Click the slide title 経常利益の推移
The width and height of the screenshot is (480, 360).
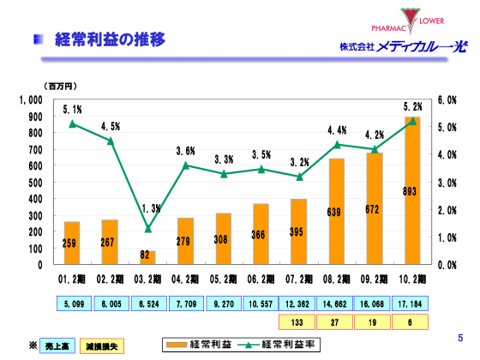(x=109, y=39)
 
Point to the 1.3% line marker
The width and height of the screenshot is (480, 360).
(x=147, y=229)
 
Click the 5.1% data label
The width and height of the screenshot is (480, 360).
(x=72, y=110)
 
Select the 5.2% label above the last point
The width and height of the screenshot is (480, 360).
(x=412, y=106)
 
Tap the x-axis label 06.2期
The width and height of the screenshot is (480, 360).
(x=260, y=279)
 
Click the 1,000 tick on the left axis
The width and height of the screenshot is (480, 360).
(x=30, y=100)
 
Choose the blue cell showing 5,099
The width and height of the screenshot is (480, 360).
(x=72, y=303)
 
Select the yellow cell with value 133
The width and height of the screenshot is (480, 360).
(x=297, y=322)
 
